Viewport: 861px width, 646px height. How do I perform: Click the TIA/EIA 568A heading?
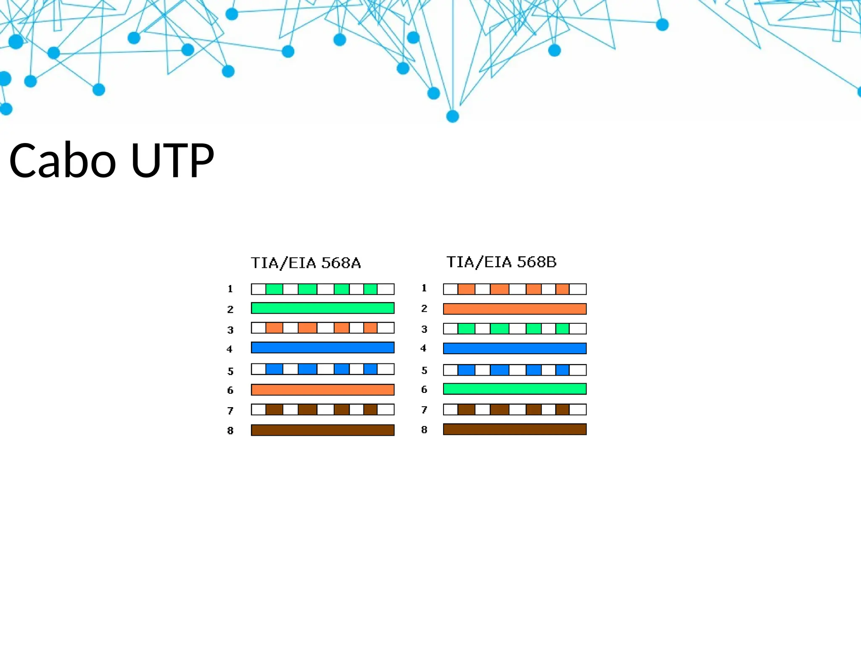point(306,263)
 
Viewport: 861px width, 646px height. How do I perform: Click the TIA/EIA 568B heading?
point(501,262)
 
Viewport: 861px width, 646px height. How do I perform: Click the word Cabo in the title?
point(62,160)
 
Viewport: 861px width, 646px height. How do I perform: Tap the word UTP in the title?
point(172,160)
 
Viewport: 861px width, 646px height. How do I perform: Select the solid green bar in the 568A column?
point(322,308)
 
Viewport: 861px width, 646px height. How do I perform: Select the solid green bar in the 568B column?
point(515,389)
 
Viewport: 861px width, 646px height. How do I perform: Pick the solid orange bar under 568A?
point(322,390)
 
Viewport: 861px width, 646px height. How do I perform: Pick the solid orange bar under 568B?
point(515,309)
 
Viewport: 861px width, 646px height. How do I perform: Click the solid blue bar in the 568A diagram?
point(322,347)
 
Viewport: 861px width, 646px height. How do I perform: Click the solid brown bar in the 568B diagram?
point(515,429)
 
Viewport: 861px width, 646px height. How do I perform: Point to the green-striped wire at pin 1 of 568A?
point(322,289)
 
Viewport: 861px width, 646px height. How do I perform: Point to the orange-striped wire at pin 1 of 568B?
point(515,289)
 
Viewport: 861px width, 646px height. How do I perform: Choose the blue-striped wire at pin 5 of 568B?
point(515,370)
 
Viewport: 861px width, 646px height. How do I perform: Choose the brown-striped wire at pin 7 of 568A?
point(322,410)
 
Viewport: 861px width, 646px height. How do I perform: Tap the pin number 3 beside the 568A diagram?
point(230,330)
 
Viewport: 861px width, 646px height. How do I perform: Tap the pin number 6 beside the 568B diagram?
point(424,389)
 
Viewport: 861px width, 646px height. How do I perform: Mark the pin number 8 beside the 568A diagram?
point(230,431)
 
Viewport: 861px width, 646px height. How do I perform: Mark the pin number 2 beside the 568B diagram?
point(424,309)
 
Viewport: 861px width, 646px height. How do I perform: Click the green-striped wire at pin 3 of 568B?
point(515,328)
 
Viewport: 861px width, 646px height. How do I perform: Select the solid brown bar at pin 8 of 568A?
point(322,430)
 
